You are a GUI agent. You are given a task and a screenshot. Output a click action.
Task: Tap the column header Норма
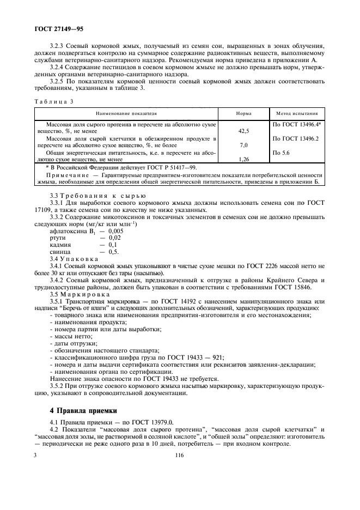click(243, 114)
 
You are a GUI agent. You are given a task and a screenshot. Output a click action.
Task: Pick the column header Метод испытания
click(297, 114)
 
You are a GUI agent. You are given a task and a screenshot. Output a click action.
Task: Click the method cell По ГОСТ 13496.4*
click(297, 125)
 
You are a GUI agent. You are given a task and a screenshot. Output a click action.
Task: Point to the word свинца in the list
click(59, 252)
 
